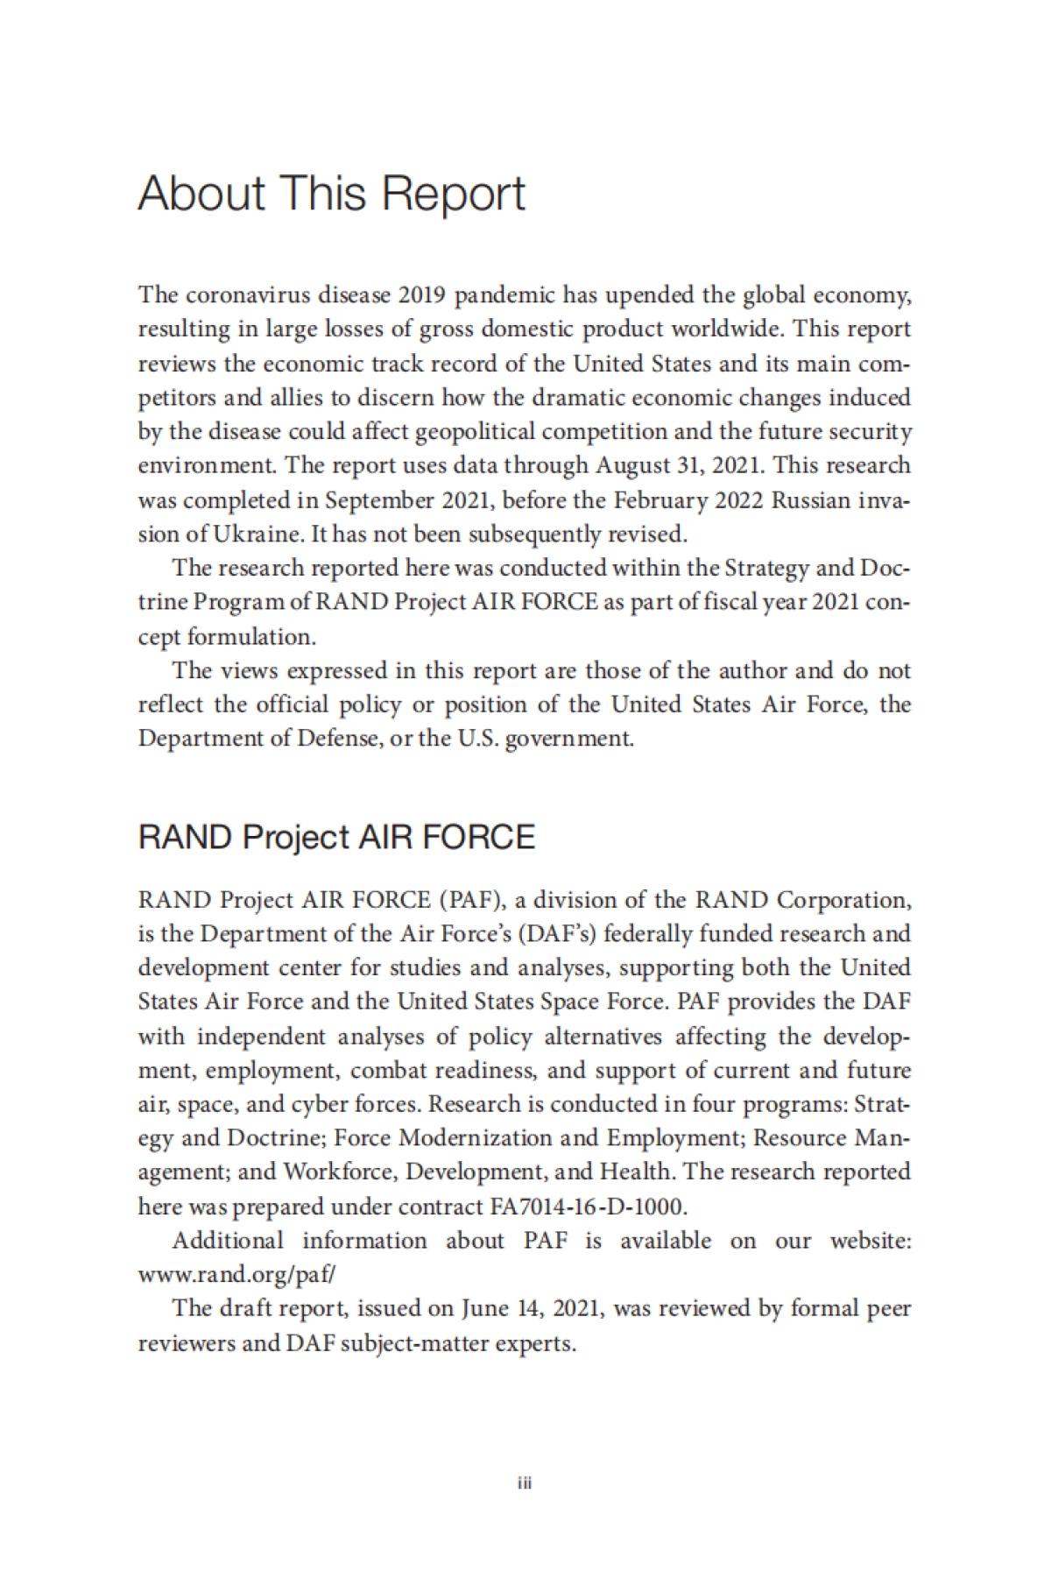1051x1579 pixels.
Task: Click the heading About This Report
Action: point(331,194)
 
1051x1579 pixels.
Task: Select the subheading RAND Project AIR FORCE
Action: point(336,838)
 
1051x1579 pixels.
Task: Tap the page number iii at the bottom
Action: point(525,1483)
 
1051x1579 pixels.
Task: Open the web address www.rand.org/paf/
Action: point(236,1275)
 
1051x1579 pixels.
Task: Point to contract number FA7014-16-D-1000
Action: point(584,1207)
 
